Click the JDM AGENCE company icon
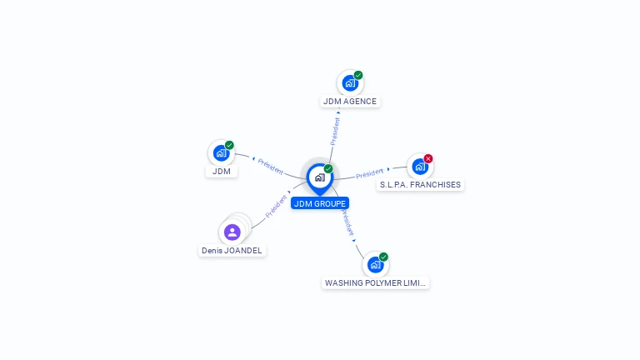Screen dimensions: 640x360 pyautogui.click(x=350, y=83)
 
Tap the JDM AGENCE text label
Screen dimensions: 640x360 pyautogui.click(x=350, y=101)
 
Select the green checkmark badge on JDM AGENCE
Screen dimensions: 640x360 pyautogui.click(x=358, y=75)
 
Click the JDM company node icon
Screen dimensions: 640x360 pyautogui.click(x=221, y=153)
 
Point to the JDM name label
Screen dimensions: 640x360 pyautogui.click(x=221, y=172)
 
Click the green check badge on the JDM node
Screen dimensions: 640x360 pyautogui.click(x=229, y=145)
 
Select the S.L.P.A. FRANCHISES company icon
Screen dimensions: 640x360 pyautogui.click(x=420, y=167)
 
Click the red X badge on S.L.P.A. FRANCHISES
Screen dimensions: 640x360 pyautogui.click(x=428, y=159)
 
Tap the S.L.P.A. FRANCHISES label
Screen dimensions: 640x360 pyautogui.click(x=420, y=185)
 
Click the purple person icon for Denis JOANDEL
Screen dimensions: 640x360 pyautogui.click(x=232, y=232)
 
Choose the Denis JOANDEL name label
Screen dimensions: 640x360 pyautogui.click(x=232, y=251)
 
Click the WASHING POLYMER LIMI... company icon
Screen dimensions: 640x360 pyautogui.click(x=375, y=265)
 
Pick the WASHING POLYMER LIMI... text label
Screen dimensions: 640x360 pyautogui.click(x=375, y=282)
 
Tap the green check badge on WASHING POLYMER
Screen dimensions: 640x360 pyautogui.click(x=383, y=257)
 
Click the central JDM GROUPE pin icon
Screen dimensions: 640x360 pyautogui.click(x=320, y=178)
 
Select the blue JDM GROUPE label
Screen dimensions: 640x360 pyautogui.click(x=320, y=203)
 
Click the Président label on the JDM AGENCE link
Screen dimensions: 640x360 pyautogui.click(x=335, y=131)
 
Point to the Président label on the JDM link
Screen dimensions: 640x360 pyautogui.click(x=271, y=167)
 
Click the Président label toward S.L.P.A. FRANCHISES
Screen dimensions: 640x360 pyautogui.click(x=369, y=173)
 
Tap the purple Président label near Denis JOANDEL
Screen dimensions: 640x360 pyautogui.click(x=277, y=207)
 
